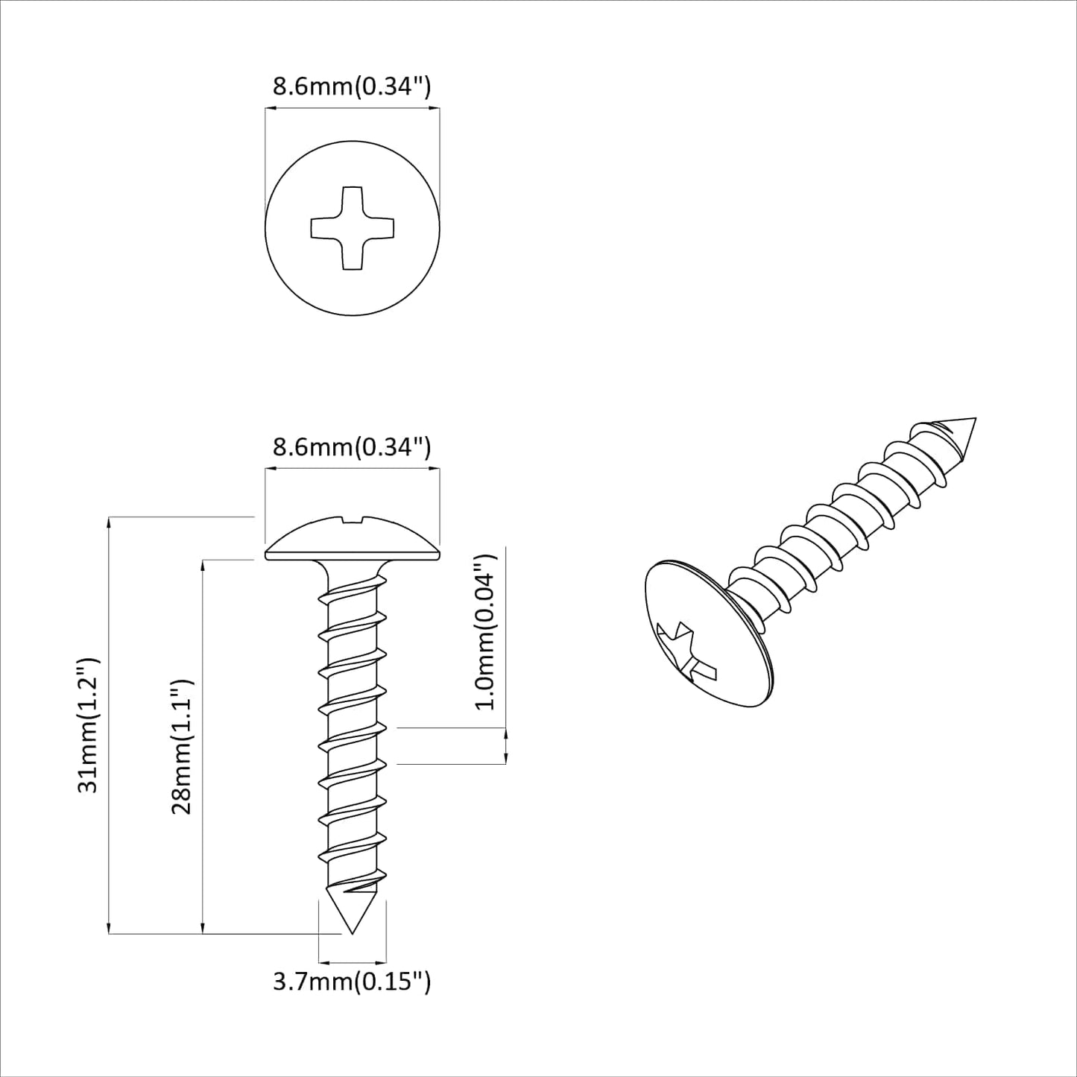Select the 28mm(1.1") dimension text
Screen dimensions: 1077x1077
183,745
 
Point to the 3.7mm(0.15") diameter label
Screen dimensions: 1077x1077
352,981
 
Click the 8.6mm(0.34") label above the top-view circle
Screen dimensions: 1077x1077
352,86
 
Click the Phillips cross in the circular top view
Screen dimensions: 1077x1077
352,228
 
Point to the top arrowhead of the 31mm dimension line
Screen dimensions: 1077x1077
110,521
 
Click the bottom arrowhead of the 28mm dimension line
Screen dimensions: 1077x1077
203,927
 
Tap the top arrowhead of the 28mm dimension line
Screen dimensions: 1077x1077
203,564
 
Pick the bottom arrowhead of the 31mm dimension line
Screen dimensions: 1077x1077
110,927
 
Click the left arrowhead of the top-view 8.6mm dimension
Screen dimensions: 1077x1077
271,110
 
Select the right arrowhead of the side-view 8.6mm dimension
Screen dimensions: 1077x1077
435,469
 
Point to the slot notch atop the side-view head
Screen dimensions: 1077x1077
352,517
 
